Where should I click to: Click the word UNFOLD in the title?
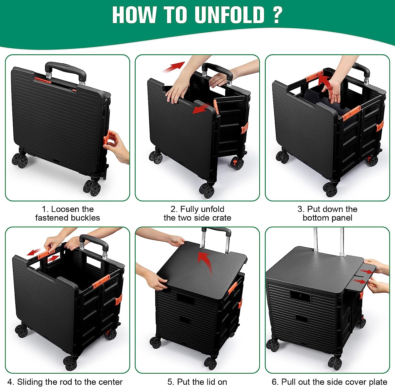229,15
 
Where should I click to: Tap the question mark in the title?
277,15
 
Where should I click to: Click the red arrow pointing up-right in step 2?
174,67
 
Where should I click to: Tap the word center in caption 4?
111,382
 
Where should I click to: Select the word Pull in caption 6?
287,382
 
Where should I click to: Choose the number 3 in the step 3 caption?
300,209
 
